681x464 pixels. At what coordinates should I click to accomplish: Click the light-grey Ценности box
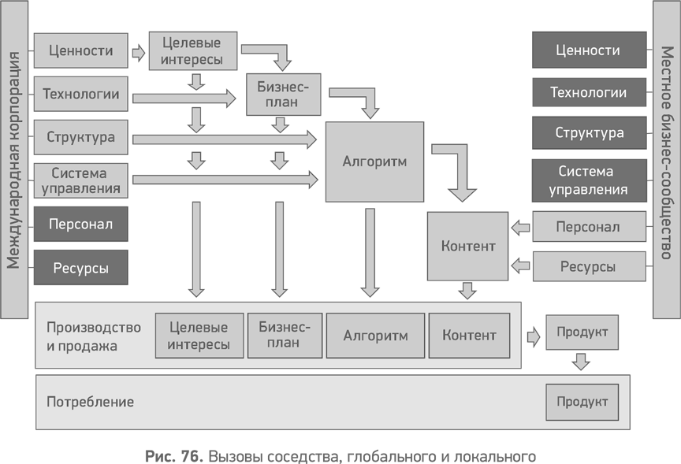(80, 51)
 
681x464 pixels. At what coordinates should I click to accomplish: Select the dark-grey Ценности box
(588, 51)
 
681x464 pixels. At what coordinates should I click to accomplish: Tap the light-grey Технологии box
(80, 95)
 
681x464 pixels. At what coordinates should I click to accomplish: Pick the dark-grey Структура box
(589, 133)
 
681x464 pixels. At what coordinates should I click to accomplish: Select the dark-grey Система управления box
(588, 180)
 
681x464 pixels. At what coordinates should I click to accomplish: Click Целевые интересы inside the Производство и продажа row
(199, 336)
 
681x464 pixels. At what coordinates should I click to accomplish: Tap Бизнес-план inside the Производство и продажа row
(284, 336)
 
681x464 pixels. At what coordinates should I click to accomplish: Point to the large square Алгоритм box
(374, 161)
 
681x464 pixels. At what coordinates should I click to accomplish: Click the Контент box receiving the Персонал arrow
(468, 246)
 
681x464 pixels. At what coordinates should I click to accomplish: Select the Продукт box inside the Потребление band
(582, 402)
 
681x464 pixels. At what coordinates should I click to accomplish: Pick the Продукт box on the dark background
(582, 332)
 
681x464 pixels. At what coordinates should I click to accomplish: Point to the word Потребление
(90, 402)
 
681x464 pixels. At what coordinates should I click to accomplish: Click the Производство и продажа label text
(94, 336)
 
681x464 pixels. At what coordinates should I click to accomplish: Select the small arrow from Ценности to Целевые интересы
(139, 53)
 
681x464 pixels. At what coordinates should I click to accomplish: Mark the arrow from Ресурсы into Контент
(520, 267)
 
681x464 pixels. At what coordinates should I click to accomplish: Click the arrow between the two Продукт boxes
(581, 362)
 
